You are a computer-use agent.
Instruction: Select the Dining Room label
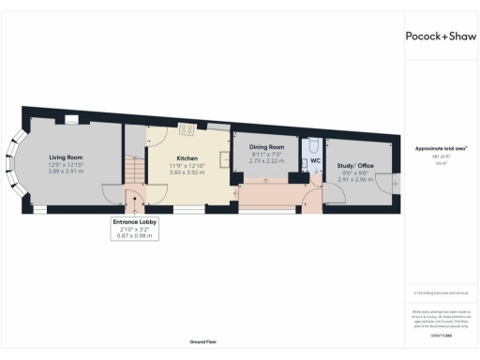[x=265, y=147]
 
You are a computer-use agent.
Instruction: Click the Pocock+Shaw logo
[x=440, y=36]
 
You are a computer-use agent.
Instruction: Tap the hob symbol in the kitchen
[x=187, y=129]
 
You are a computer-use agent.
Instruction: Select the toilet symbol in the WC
[x=313, y=145]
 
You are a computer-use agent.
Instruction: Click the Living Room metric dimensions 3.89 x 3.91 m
[x=67, y=172]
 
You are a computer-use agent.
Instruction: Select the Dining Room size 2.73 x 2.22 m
[x=265, y=160]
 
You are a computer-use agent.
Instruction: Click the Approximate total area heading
[x=441, y=148]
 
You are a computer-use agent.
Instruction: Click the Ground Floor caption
[x=203, y=343]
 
